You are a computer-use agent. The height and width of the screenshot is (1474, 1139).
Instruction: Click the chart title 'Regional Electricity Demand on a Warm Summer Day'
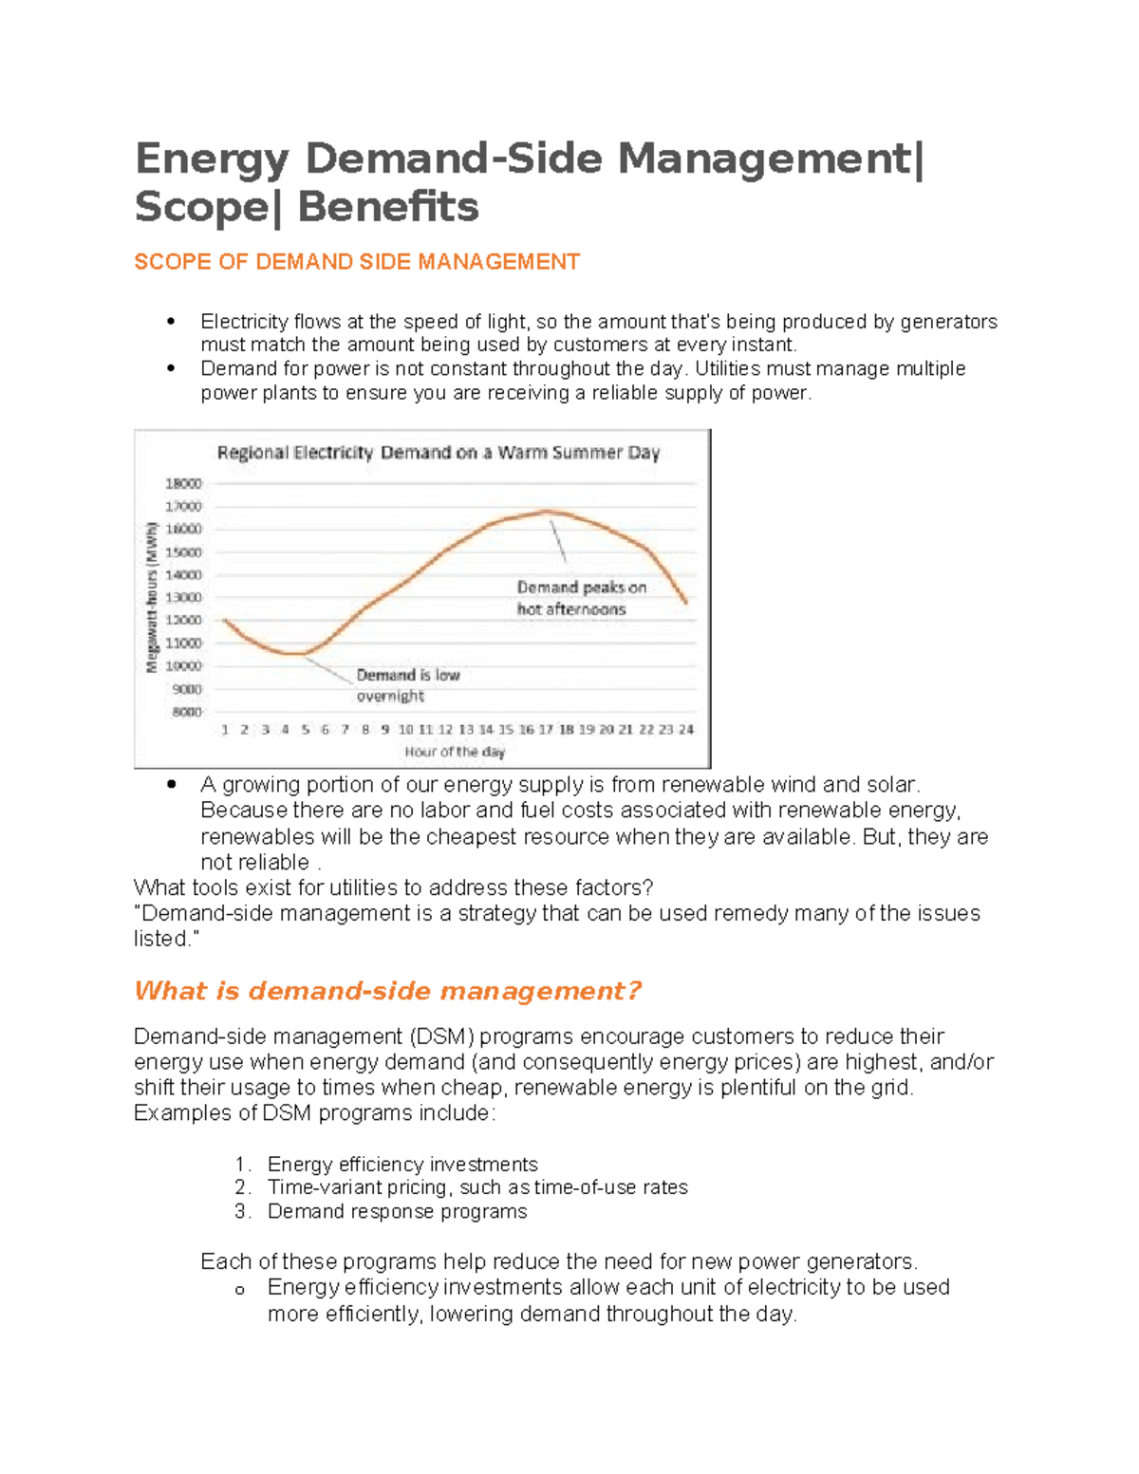[438, 453]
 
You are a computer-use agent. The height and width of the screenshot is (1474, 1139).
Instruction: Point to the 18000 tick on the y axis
[184, 483]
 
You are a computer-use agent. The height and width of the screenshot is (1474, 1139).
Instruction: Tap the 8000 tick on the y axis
[187, 712]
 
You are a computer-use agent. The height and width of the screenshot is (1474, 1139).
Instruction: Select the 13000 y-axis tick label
[184, 598]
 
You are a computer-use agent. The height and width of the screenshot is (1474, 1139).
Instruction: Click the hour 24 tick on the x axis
[686, 730]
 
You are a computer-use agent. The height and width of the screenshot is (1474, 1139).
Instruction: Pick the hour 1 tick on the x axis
[225, 730]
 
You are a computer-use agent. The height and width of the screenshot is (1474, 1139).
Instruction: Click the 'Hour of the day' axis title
[455, 752]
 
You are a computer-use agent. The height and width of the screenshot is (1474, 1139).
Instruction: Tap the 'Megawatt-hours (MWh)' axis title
[151, 597]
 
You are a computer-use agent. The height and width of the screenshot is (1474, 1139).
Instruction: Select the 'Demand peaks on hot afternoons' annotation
[581, 598]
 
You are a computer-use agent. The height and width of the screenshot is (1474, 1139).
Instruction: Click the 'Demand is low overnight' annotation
[407, 685]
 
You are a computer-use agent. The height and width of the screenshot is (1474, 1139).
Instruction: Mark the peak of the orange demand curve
[548, 512]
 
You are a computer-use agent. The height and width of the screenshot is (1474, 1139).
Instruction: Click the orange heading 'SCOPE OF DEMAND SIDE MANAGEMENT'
[357, 262]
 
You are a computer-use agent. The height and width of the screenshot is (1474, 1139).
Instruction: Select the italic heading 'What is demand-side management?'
[387, 991]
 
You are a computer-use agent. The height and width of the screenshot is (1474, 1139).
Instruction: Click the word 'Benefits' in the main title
[388, 207]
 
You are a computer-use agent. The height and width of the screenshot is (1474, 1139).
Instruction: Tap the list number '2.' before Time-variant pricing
[243, 1187]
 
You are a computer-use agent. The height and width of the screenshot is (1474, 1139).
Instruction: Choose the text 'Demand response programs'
[397, 1212]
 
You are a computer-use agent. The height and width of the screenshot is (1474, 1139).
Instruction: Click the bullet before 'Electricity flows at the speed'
[171, 322]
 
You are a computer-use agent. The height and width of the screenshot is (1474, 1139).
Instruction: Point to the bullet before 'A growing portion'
[171, 785]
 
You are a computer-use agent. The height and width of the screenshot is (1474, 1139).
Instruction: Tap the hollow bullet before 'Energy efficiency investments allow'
[240, 1290]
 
